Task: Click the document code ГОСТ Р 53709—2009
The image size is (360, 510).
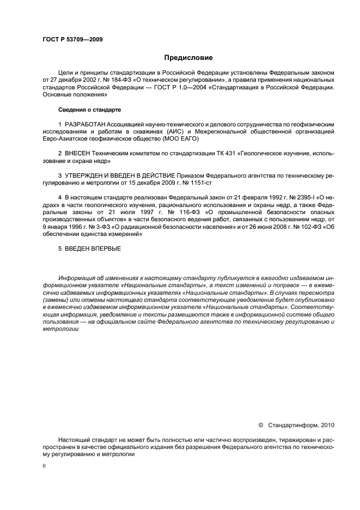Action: (72, 39)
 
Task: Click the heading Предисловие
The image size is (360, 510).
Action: (188, 57)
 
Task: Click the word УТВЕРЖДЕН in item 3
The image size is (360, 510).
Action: (88, 176)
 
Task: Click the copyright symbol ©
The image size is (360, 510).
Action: (260, 424)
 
